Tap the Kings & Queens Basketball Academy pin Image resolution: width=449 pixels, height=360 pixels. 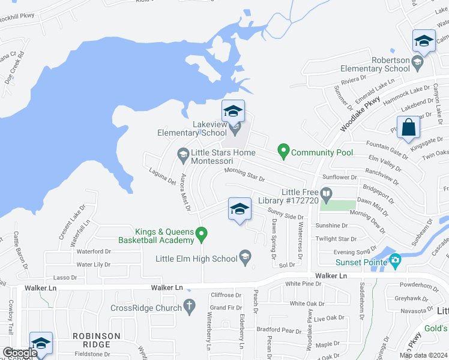pos(202,233)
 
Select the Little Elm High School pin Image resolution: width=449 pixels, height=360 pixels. pos(245,258)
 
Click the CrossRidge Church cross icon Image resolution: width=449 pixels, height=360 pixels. pos(190,307)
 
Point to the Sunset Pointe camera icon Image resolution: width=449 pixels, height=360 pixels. pos(394,260)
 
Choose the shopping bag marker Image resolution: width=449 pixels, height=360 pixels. pos(408,128)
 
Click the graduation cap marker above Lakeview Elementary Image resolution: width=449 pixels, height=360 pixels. pos(232,111)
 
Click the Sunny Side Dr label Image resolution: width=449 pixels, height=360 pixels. pos(286,214)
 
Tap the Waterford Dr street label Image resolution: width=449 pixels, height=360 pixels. pos(94,251)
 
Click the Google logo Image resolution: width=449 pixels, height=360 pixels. pos(20,353)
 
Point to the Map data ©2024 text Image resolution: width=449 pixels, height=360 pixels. pos(423,355)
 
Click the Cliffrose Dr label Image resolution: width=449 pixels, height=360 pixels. pos(226,295)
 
